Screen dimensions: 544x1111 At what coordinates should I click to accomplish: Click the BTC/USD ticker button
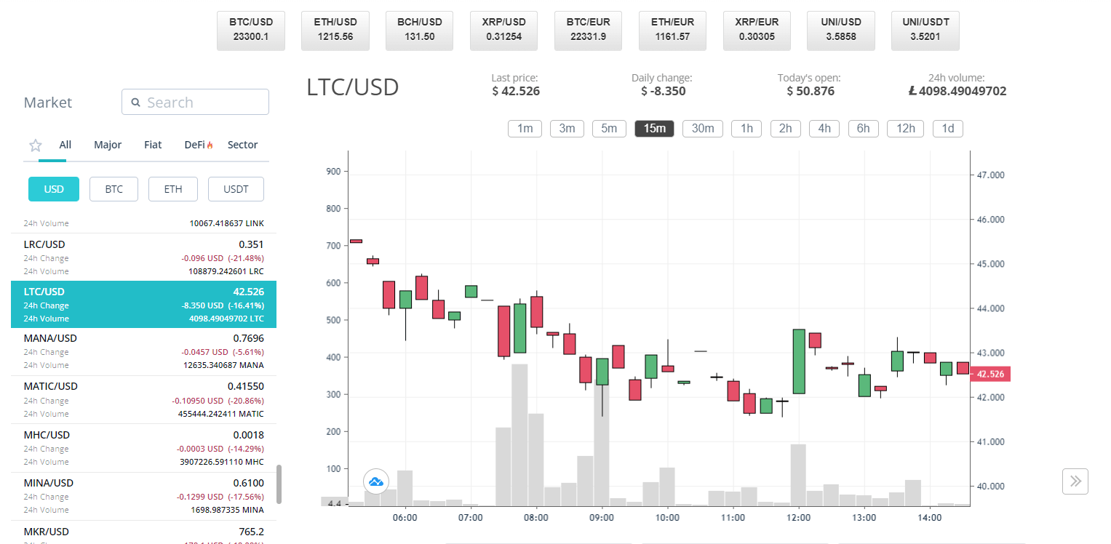coord(250,30)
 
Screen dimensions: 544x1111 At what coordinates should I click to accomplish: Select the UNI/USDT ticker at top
coord(925,30)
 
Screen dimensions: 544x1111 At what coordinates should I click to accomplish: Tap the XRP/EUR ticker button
coord(757,30)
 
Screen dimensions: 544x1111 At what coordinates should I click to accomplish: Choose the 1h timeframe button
coord(746,129)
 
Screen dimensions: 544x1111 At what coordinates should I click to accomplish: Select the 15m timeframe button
coord(654,129)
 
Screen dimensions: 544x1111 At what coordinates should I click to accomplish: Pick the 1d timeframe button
coord(947,129)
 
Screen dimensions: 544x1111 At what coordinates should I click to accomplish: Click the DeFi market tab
coord(198,145)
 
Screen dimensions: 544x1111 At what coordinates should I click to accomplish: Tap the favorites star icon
coord(35,145)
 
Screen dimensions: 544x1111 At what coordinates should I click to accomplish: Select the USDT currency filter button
coord(236,189)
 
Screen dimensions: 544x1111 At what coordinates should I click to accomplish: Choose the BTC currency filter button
coord(114,189)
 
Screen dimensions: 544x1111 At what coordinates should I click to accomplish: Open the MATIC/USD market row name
coord(50,386)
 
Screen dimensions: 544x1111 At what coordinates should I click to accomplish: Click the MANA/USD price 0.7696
coord(248,338)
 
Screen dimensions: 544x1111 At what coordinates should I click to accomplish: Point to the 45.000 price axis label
coord(990,264)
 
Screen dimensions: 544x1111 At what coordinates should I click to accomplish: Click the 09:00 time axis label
coord(602,518)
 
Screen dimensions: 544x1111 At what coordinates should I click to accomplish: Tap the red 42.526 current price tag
coord(990,374)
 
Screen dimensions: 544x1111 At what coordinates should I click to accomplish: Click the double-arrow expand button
coord(1075,481)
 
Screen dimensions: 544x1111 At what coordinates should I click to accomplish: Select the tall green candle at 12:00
coord(799,361)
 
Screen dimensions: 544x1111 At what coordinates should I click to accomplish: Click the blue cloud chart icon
coord(376,481)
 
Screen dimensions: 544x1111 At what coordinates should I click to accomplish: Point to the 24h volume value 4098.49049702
coord(957,91)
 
